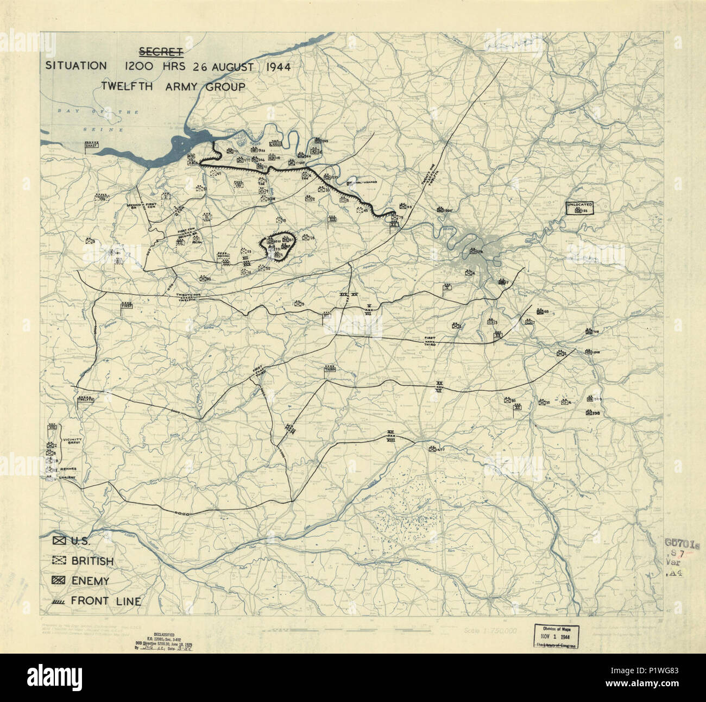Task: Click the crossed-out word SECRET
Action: point(161,52)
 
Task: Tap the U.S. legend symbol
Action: point(59,541)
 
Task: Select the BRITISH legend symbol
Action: point(59,560)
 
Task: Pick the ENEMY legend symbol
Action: point(59,580)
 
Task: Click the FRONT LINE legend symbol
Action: point(59,601)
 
